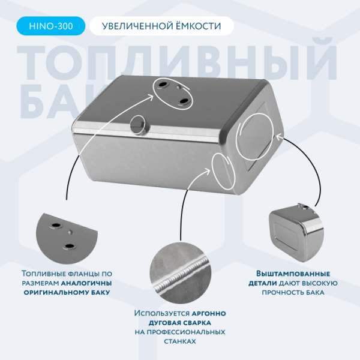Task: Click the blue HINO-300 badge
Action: coord(51,26)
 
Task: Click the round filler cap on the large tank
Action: coord(139,125)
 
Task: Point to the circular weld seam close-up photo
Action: coord(181,273)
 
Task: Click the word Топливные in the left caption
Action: coord(44,274)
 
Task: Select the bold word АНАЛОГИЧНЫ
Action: coord(86,283)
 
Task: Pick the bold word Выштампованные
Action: coord(293,274)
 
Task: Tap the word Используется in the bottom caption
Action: coord(162,313)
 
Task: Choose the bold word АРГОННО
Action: coord(209,314)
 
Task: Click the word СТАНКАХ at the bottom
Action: coord(180,341)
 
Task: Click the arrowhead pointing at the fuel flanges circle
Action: coord(151,97)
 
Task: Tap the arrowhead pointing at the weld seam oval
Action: coord(208,170)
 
